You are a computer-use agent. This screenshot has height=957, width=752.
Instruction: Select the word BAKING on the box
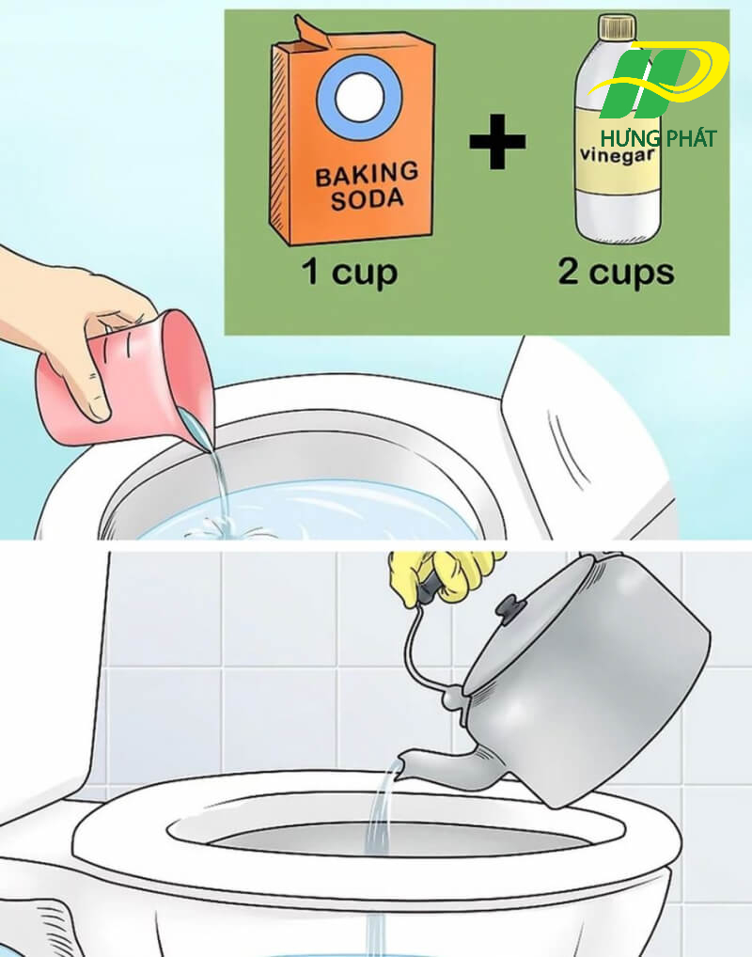coord(366,174)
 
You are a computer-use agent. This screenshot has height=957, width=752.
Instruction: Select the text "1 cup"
coord(349,274)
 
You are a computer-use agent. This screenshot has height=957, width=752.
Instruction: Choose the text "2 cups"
coord(616,274)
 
